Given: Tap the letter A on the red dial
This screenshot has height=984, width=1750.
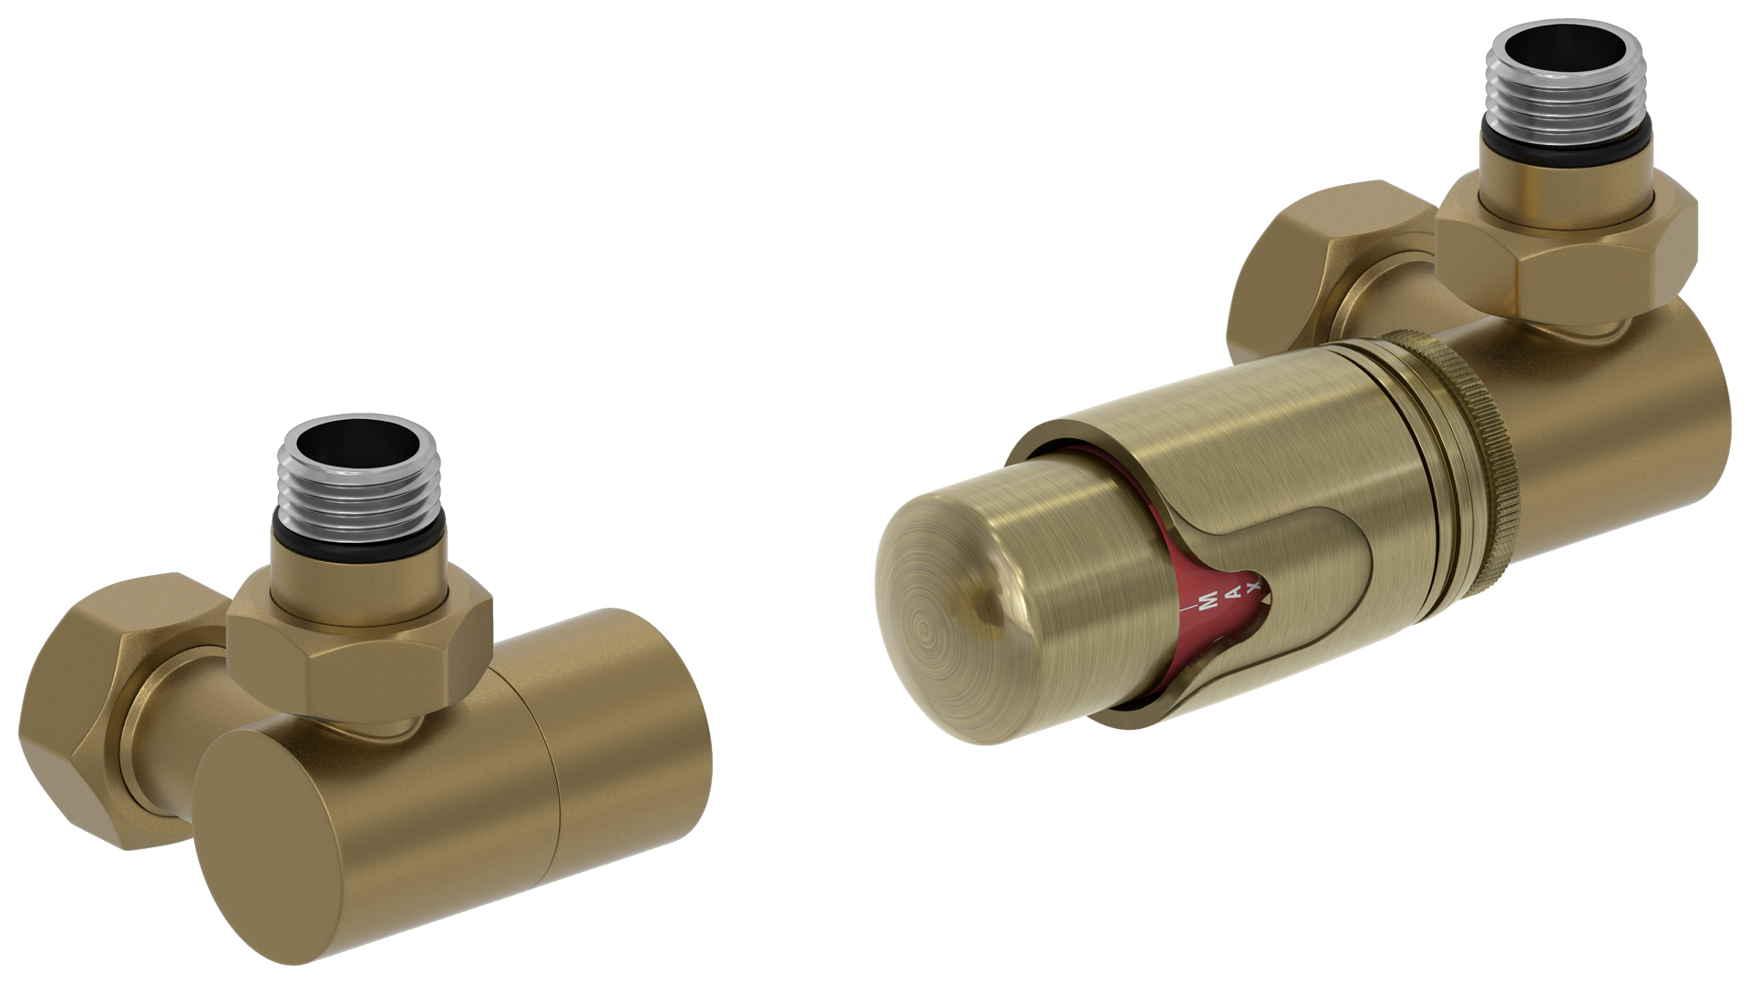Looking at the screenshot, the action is pyautogui.click(x=1235, y=592).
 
